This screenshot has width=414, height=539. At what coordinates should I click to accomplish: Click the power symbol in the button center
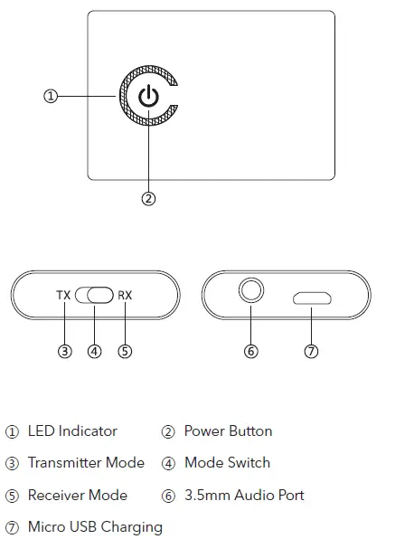(150, 97)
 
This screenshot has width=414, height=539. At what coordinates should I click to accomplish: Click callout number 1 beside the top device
(52, 96)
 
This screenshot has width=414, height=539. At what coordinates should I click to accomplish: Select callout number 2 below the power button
(149, 199)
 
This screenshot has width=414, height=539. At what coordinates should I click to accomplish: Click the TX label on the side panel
(63, 296)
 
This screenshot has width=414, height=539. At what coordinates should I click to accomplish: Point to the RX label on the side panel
(125, 296)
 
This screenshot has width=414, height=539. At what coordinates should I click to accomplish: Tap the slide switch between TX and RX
(95, 296)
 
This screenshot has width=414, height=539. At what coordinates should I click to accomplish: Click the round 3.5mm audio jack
(251, 292)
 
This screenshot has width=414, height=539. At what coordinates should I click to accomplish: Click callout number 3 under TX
(64, 351)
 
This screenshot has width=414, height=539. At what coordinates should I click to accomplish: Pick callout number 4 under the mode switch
(95, 351)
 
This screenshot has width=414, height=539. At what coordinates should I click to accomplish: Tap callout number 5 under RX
(125, 351)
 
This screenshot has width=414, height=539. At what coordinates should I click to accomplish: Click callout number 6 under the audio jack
(251, 351)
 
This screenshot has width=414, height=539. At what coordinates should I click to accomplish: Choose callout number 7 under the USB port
(311, 351)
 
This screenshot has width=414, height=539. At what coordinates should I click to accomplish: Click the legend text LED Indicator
(72, 431)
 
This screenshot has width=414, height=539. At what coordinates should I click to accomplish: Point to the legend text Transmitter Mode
(86, 463)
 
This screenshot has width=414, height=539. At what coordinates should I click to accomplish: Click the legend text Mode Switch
(227, 463)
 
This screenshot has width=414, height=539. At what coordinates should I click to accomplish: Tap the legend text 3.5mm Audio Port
(244, 496)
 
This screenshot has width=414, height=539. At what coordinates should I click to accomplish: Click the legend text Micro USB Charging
(95, 527)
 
